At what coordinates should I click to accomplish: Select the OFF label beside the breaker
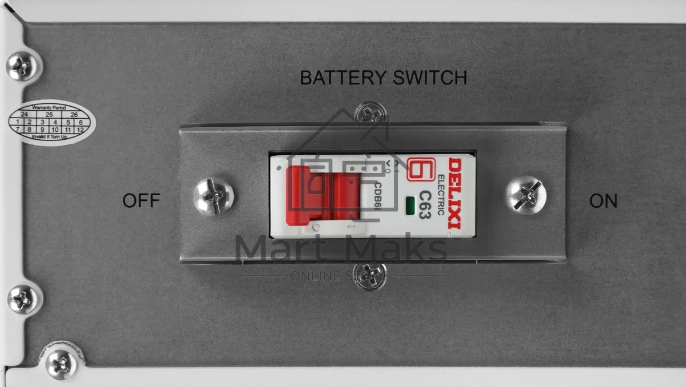141,201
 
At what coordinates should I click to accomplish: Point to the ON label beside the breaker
603,201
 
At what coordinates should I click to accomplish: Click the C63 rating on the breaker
424,205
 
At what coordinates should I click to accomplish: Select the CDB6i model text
378,197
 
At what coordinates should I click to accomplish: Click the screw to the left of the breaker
213,196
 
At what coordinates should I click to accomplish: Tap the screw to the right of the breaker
525,195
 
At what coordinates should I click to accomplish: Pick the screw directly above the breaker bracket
369,114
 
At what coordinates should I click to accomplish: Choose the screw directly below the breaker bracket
369,276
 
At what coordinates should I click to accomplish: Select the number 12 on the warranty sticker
81,130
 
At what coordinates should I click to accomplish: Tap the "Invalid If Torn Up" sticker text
50,137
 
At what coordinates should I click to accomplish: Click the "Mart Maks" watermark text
341,249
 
